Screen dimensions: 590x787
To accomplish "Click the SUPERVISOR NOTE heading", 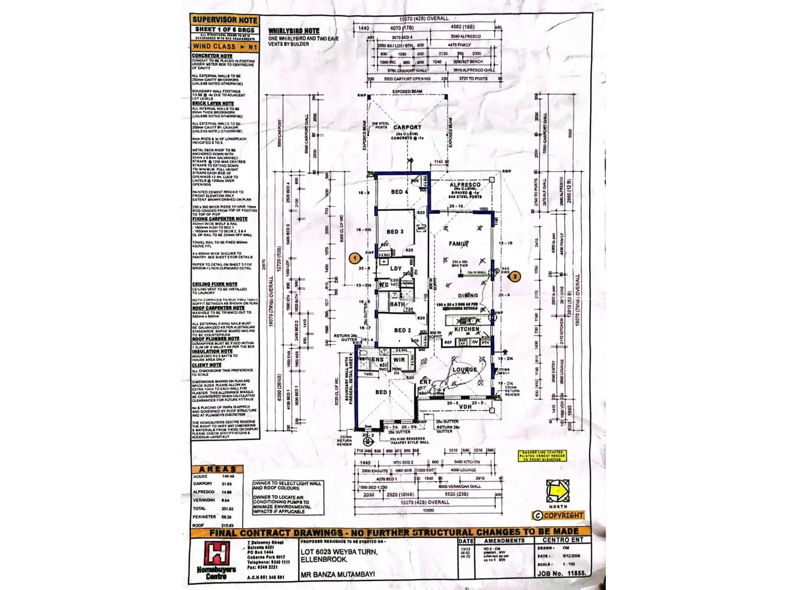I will click(225, 20).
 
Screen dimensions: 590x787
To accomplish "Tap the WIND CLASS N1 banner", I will click(225, 46).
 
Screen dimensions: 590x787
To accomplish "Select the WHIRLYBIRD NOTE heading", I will click(294, 31).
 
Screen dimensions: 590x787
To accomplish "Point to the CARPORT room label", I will click(407, 127).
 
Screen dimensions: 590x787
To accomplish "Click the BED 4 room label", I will click(399, 192).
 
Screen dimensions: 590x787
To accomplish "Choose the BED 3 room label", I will click(395, 231).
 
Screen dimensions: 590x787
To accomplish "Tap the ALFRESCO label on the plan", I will click(465, 184).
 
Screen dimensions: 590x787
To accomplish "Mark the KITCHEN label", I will click(467, 329).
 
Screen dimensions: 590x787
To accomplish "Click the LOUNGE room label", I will click(465, 369).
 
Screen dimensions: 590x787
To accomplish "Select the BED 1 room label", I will click(383, 392).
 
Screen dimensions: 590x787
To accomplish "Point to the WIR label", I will click(399, 360).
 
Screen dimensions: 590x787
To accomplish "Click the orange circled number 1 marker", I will click(354, 258).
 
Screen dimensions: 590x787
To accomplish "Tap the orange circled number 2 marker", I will click(514, 276).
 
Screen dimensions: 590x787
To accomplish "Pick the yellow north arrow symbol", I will click(558, 490).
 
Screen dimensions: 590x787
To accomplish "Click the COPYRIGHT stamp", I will click(558, 515).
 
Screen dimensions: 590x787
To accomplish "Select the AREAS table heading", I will click(218, 469).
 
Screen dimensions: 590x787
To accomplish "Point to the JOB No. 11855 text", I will click(561, 573).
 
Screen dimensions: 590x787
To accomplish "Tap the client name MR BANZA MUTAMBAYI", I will click(337, 575).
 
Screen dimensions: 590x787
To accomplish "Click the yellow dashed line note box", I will click(542, 455).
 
